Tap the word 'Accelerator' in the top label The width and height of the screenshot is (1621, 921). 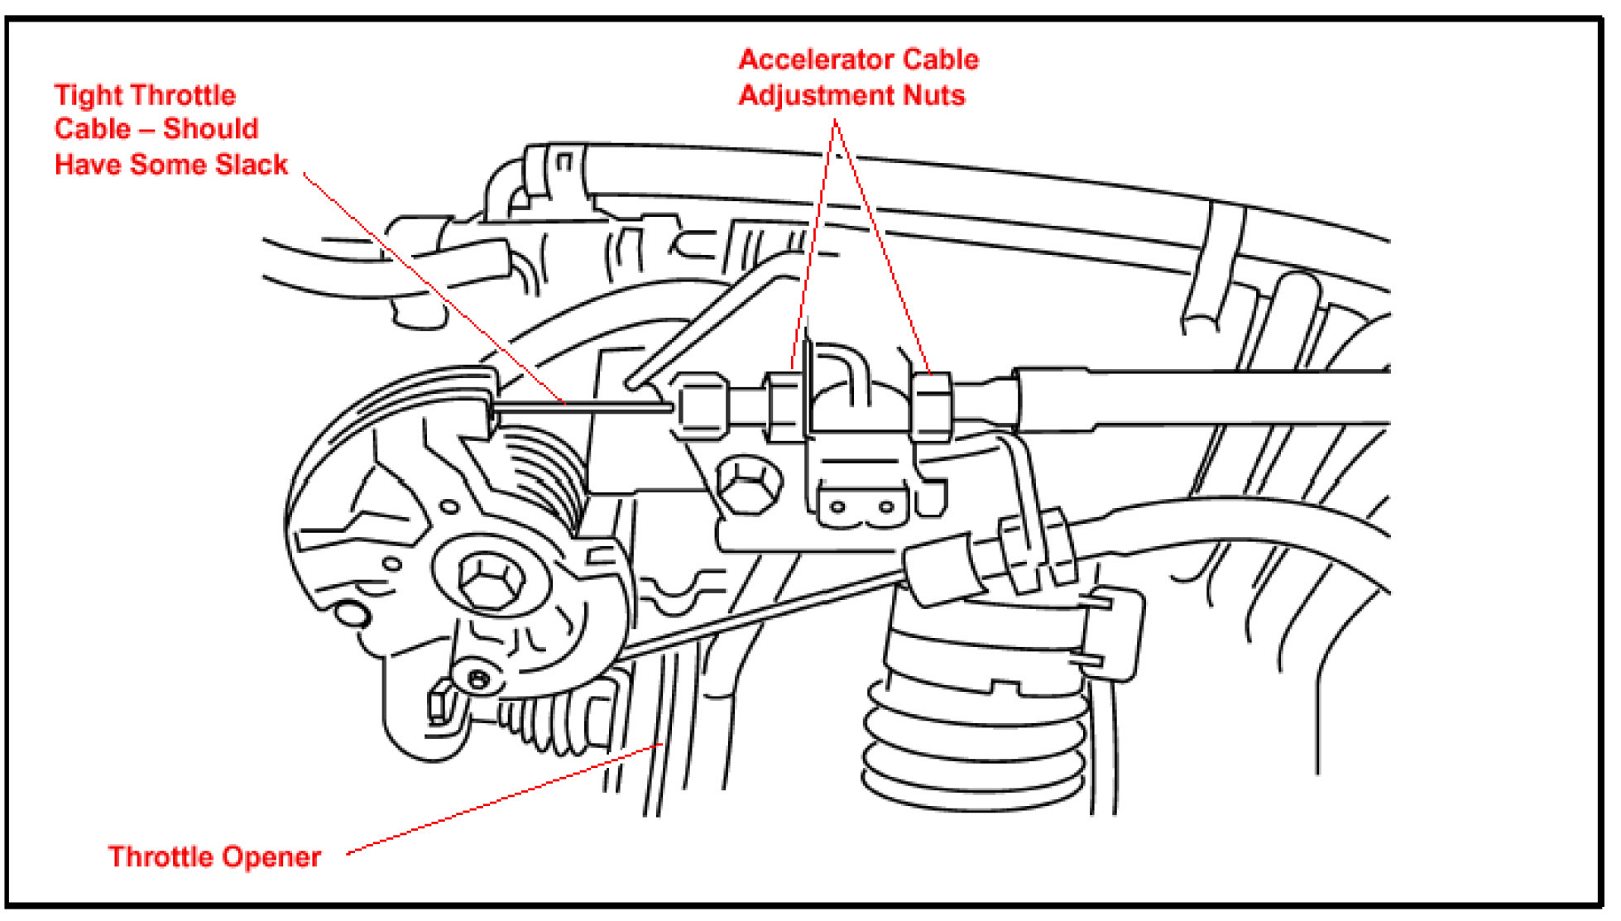coord(815,60)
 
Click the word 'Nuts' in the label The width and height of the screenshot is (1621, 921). coord(933,96)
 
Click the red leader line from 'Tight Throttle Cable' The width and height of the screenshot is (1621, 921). coord(430,285)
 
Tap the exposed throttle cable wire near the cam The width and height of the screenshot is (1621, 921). coord(579,405)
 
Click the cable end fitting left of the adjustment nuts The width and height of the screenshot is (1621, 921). coord(703,405)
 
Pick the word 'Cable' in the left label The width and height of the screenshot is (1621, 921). coord(93,130)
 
